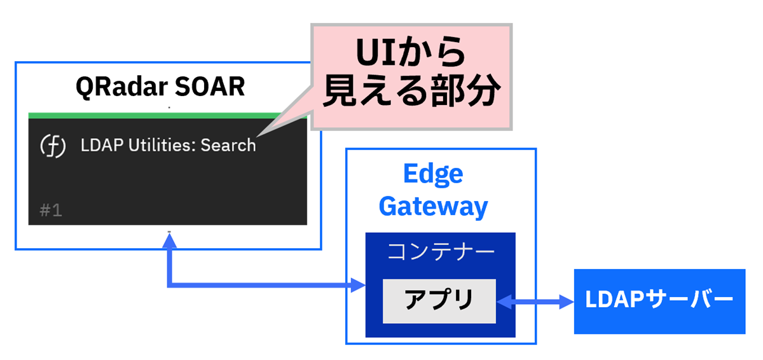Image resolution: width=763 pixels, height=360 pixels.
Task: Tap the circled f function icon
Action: [53, 146]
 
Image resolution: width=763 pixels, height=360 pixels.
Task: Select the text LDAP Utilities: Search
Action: [168, 146]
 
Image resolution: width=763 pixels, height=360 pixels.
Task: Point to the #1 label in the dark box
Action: [51, 211]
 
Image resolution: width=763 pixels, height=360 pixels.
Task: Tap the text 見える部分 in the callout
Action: [409, 93]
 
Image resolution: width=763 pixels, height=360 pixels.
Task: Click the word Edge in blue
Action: [433, 174]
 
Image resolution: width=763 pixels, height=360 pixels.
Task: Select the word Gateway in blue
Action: [433, 205]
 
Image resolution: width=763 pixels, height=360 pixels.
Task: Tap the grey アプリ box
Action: [439, 300]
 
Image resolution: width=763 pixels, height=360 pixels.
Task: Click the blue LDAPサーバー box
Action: [659, 301]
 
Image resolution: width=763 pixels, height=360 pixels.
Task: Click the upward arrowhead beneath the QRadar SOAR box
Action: [169, 239]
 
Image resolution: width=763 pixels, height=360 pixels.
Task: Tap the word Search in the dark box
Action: [228, 146]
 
